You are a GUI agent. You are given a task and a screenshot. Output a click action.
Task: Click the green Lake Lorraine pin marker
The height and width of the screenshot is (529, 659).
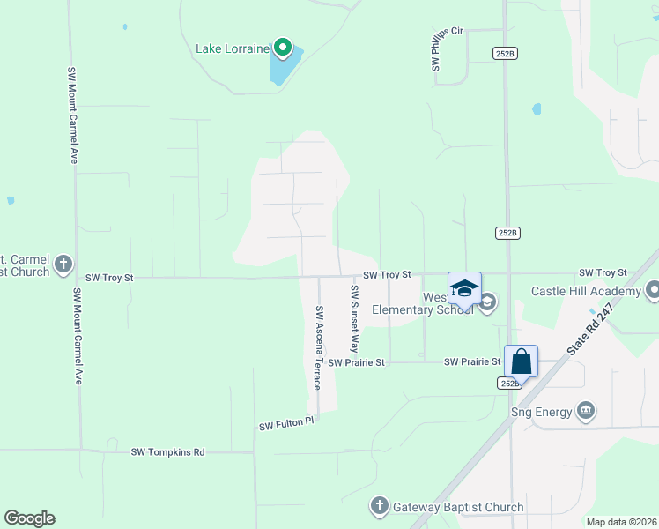(282, 48)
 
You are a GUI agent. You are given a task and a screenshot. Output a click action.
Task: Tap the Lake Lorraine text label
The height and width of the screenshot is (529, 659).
(232, 48)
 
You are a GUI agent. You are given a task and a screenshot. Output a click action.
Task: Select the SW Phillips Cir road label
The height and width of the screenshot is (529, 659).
(435, 49)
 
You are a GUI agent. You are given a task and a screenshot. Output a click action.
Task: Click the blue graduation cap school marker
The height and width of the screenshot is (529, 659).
(464, 288)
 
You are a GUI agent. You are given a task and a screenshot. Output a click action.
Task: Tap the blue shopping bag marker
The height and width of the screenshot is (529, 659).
(521, 361)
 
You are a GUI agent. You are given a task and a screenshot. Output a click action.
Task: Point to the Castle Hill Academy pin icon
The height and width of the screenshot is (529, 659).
(653, 291)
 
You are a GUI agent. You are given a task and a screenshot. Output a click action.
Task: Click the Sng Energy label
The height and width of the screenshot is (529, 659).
(541, 411)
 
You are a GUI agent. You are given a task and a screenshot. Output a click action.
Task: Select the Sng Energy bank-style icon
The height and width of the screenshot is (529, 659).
(586, 411)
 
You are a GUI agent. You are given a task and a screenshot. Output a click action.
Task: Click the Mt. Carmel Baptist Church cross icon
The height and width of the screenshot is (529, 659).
(63, 264)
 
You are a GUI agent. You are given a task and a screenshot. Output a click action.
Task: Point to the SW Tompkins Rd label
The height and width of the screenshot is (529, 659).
(167, 452)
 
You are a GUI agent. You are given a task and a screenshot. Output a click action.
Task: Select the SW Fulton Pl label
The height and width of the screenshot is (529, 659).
(286, 424)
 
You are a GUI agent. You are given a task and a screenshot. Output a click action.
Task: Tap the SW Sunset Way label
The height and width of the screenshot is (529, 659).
(355, 319)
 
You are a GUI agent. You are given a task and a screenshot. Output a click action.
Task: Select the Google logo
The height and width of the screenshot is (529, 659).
(29, 518)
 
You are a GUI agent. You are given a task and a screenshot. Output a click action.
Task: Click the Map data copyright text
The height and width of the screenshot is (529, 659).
(622, 522)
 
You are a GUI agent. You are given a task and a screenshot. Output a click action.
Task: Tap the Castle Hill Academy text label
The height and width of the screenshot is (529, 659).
(586, 292)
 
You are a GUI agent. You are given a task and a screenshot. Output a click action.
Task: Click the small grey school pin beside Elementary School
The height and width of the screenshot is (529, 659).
(487, 303)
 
